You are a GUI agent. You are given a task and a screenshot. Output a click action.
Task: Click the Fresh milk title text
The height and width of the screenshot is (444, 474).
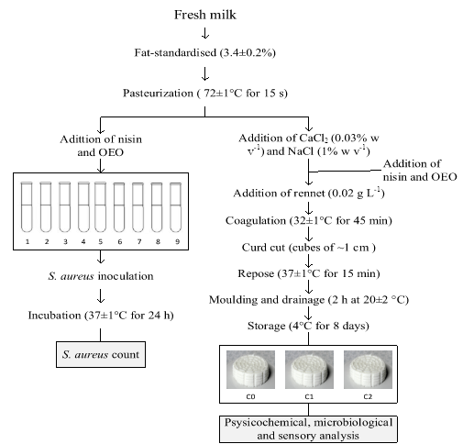[x=205, y=15]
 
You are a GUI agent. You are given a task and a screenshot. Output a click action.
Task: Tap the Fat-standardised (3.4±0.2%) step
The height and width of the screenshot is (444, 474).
[x=205, y=52]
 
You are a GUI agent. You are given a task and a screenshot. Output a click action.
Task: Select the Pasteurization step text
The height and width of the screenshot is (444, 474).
[x=205, y=93]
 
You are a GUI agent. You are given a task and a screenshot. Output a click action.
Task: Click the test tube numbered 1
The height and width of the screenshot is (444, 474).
[x=27, y=207]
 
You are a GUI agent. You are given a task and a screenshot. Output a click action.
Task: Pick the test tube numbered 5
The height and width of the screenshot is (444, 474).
[x=100, y=207]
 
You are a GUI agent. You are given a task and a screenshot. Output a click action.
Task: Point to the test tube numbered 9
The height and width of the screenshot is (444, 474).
[x=176, y=207]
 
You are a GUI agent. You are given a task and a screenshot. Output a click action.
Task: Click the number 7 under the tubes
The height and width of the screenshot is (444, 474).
[x=139, y=241]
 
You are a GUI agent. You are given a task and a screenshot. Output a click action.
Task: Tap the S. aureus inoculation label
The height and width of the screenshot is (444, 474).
[x=101, y=276]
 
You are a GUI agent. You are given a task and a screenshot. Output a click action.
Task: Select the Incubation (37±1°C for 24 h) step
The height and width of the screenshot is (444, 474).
[x=101, y=316]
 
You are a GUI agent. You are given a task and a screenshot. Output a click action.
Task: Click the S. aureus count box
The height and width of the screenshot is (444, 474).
[x=101, y=354]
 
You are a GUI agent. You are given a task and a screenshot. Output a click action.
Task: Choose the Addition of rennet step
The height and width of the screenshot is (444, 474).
[x=309, y=194]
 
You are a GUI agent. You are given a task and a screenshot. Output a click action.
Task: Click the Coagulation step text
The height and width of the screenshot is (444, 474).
[x=309, y=220]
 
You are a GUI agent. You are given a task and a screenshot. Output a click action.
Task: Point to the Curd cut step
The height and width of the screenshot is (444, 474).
[x=309, y=248]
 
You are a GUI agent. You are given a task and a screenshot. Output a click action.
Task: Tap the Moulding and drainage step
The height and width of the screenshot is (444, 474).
[x=309, y=300]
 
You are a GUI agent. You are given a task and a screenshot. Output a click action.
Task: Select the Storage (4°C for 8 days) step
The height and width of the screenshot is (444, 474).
[x=308, y=326]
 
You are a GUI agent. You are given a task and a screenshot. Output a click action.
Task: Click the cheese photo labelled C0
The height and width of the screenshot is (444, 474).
[x=250, y=370]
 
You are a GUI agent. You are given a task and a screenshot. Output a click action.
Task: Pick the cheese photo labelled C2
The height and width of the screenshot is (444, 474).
[x=368, y=370]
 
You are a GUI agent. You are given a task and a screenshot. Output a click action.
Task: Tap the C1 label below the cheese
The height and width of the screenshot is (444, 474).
[x=309, y=396]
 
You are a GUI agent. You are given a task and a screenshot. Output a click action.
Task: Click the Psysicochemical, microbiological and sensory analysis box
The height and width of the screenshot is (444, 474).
[x=308, y=429]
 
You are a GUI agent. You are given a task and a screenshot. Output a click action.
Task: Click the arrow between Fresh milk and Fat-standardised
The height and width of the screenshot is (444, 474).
[x=205, y=33]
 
